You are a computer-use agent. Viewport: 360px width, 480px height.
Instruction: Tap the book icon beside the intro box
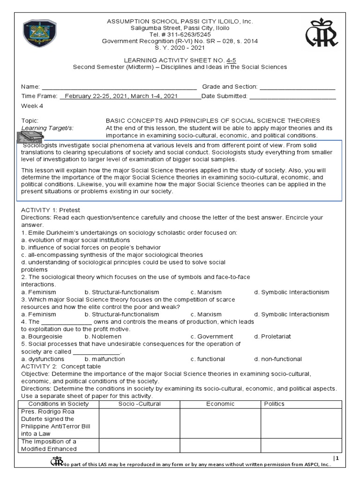point(30,136)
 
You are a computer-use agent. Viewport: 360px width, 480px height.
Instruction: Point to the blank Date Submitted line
point(292,97)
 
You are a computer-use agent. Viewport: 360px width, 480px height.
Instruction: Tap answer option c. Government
point(211,336)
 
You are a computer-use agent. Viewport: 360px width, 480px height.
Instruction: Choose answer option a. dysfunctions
point(41,359)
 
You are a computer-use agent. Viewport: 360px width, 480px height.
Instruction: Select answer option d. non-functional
point(278,359)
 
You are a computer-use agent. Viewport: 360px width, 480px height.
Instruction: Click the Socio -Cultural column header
point(139,404)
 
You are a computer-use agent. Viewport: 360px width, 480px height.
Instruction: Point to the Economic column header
point(220,404)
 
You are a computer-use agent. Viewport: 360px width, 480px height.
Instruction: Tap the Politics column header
point(274,404)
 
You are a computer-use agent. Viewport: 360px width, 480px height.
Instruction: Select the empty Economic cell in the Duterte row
point(220,422)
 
